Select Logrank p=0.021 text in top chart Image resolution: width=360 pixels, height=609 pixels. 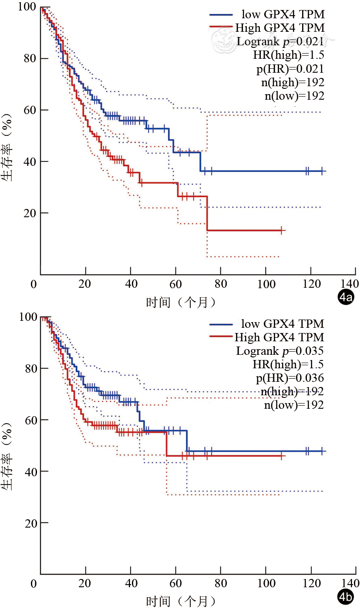pyautogui.click(x=280, y=41)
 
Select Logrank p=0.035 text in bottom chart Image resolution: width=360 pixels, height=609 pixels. pyautogui.click(x=280, y=350)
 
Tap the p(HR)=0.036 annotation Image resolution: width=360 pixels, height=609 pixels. pyautogui.click(x=290, y=377)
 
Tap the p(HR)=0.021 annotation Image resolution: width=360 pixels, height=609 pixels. pyautogui.click(x=290, y=68)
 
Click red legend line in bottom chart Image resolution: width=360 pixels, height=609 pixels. pyautogui.click(x=222, y=336)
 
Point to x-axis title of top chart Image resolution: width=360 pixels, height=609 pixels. pyautogui.click(x=181, y=302)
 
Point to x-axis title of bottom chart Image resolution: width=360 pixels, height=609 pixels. pyautogui.click(x=181, y=602)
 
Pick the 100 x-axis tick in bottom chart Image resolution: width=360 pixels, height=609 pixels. pyautogui.click(x=266, y=583)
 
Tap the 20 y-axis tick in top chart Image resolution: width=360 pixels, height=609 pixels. pyautogui.click(x=30, y=213)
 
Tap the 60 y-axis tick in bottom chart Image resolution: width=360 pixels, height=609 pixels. pyautogui.click(x=30, y=420)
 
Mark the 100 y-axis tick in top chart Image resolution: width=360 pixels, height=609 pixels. pyautogui.click(x=27, y=7)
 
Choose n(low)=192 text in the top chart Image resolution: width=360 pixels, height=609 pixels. pyautogui.click(x=294, y=95)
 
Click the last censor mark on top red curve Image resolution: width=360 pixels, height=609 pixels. pyautogui.click(x=282, y=230)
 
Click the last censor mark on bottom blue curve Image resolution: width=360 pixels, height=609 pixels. pyautogui.click(x=322, y=451)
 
